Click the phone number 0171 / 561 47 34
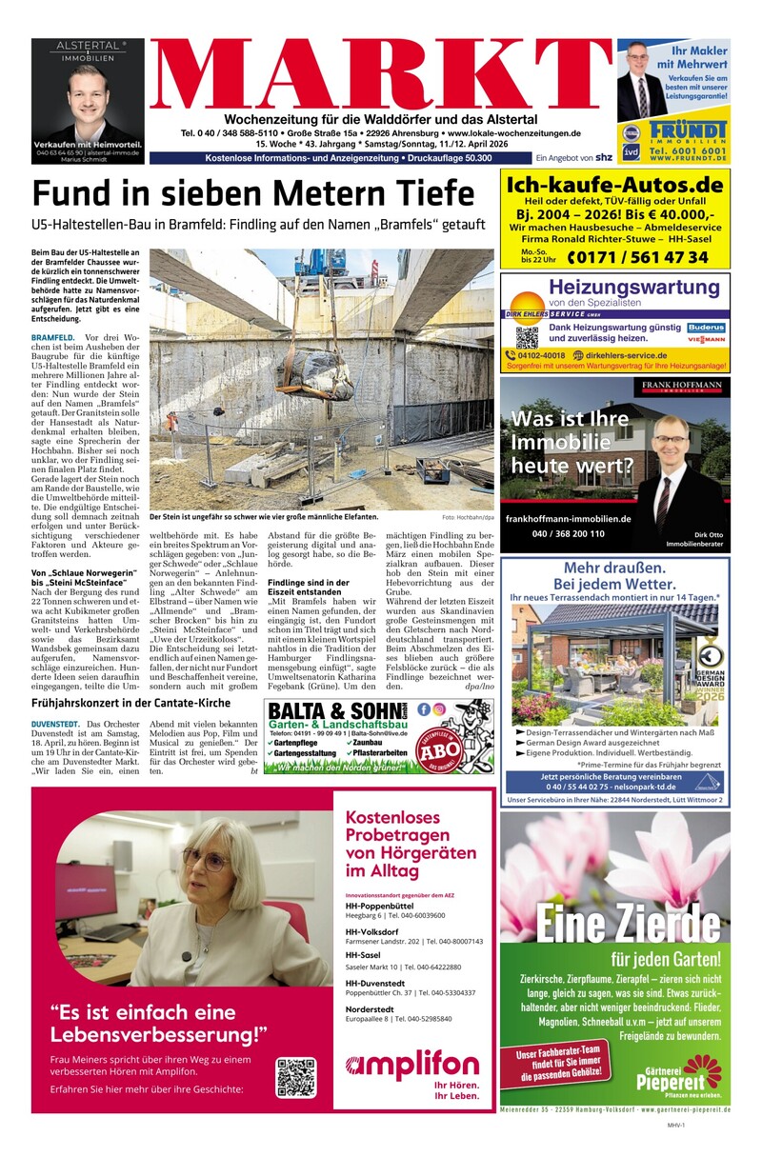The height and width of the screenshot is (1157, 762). pos(637,257)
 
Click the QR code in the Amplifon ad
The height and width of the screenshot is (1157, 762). pos(295,1077)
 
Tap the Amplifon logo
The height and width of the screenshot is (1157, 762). pos(412,1066)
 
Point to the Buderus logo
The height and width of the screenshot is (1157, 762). pos(706,328)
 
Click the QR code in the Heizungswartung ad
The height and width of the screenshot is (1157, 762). pos(527,336)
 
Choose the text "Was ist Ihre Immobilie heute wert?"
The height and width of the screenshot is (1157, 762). pos(571,443)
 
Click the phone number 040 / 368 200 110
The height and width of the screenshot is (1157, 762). pos(569,534)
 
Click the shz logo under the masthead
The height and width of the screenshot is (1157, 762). pos(603,157)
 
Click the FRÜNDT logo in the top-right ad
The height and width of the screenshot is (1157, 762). pos(688,132)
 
